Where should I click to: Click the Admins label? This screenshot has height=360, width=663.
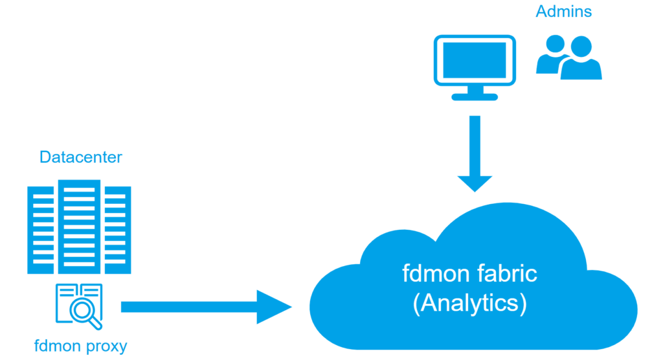click(563, 12)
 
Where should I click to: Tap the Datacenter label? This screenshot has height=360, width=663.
click(81, 157)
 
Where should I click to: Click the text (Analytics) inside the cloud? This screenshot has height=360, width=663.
click(469, 303)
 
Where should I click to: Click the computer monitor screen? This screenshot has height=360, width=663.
click(475, 60)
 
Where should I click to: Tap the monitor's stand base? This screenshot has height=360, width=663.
click(475, 97)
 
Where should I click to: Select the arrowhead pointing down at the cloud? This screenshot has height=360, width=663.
click(475, 183)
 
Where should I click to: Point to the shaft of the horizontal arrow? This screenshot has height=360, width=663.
click(188, 306)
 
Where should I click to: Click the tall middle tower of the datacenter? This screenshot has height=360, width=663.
click(78, 227)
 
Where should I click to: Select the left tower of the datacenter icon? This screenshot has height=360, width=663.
click(41, 230)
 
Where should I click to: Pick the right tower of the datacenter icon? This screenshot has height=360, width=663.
click(117, 230)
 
